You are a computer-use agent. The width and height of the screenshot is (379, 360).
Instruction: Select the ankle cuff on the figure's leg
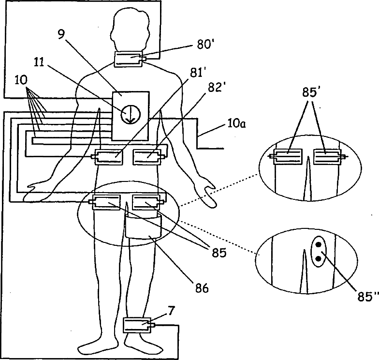click(137, 325)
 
